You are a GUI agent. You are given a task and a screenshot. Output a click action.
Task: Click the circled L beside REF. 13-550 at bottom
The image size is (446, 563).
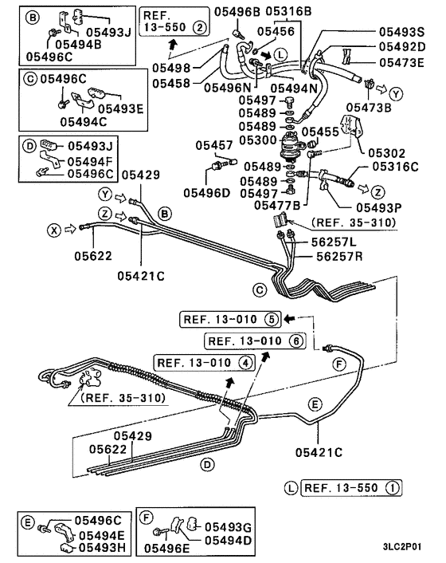(291, 486)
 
